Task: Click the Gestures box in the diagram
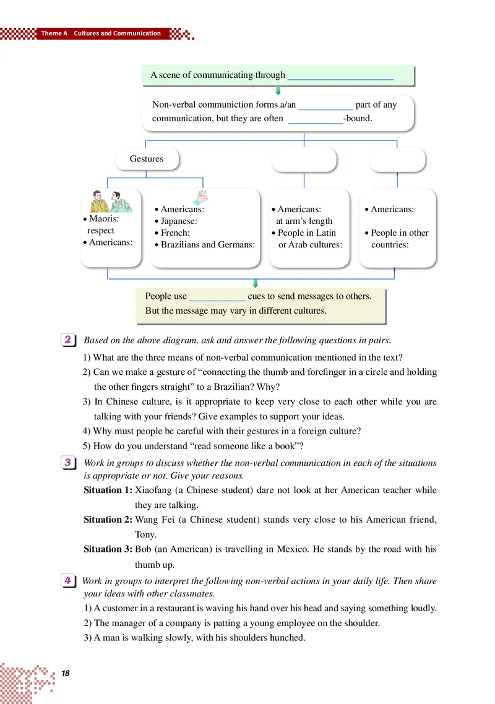tap(147, 159)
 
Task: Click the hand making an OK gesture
tap(202, 197)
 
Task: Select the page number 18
tap(66, 673)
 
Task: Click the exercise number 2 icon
tap(69, 340)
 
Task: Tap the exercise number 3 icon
tap(69, 463)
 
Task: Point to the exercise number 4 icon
tap(69, 581)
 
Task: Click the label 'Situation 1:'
tap(108, 489)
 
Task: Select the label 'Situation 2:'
tap(108, 519)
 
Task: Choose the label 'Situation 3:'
tap(108, 549)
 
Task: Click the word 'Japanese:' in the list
tap(179, 221)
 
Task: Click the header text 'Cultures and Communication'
tap(117, 33)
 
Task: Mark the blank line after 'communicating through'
tap(340, 76)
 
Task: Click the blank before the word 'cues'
tap(217, 297)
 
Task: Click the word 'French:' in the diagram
tap(175, 233)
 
